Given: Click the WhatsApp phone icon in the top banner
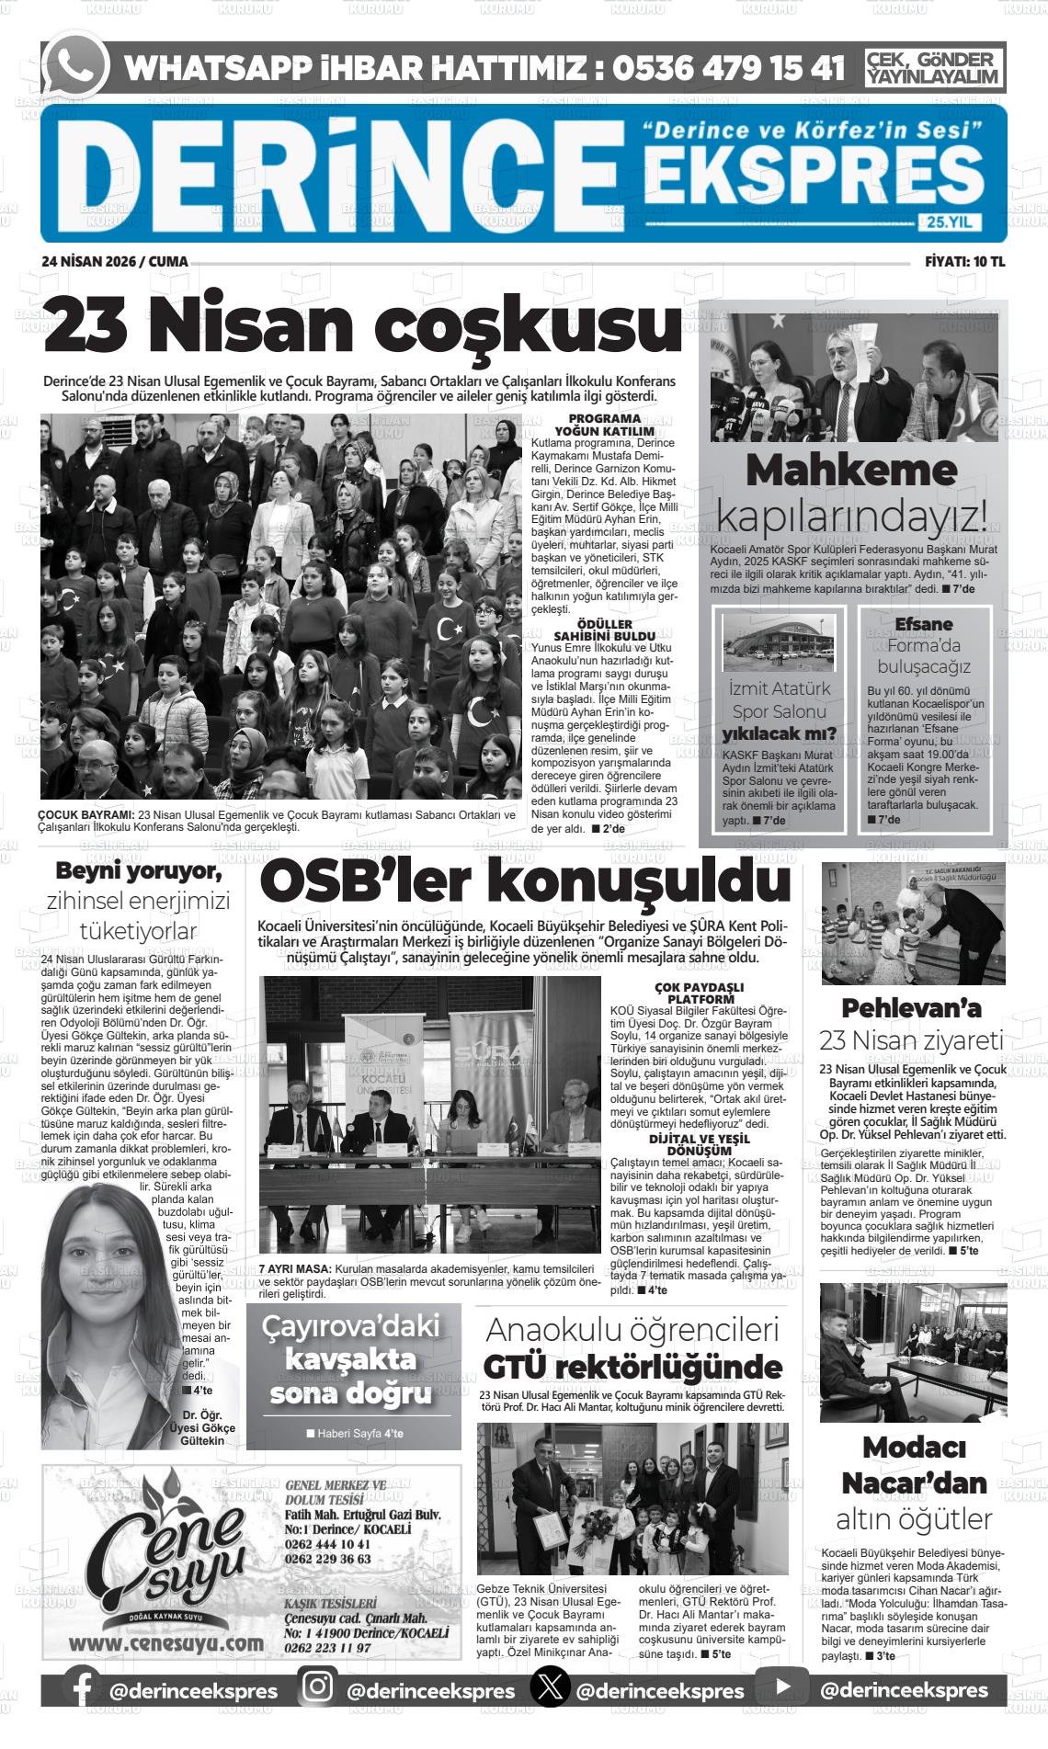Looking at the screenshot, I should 76,66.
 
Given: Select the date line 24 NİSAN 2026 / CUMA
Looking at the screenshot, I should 115,262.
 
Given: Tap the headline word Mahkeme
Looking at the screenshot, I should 851,471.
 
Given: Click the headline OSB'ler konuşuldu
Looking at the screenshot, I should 525,881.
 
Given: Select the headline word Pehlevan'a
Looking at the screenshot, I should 911,1007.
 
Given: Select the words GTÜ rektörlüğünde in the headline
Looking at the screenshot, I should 632,1367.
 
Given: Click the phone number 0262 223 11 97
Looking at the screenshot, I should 328,1647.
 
